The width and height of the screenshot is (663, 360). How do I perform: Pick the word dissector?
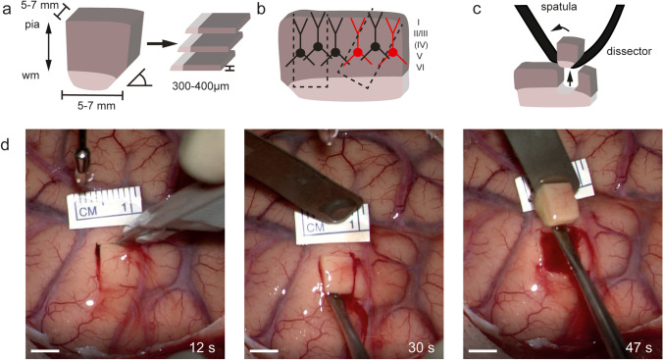click(x=622, y=54)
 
